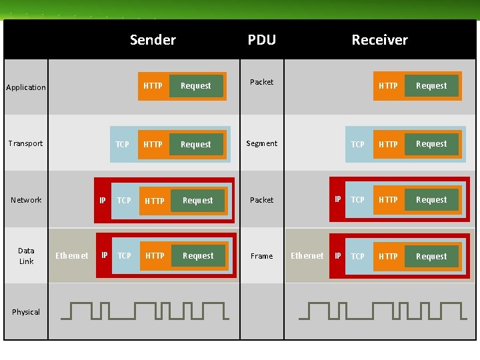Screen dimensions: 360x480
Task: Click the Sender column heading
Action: click(x=153, y=40)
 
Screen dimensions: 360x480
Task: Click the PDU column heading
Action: click(x=261, y=40)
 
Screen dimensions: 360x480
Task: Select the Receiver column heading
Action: click(x=379, y=40)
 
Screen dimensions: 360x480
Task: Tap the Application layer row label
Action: click(x=26, y=87)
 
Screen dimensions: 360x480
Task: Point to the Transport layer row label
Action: click(x=25, y=143)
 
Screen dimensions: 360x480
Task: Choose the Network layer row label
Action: click(x=26, y=200)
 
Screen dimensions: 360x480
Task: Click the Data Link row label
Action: click(x=26, y=256)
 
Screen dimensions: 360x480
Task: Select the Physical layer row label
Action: click(x=26, y=312)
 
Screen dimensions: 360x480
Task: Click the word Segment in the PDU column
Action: click(x=261, y=143)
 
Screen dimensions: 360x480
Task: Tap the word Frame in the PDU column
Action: click(x=261, y=256)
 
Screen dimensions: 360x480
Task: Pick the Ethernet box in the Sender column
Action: click(x=71, y=255)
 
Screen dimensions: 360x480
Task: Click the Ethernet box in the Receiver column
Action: click(x=307, y=255)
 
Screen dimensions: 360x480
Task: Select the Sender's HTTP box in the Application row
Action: click(x=153, y=86)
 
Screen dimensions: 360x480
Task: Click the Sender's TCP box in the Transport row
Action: click(x=123, y=145)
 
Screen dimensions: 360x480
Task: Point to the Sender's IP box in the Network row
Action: click(x=103, y=200)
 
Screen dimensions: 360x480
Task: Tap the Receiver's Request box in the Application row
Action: click(x=431, y=86)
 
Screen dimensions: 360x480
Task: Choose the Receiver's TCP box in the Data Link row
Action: click(x=358, y=256)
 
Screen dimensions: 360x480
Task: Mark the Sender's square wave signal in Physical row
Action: click(x=149, y=310)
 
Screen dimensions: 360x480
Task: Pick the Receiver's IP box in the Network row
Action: click(x=338, y=199)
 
